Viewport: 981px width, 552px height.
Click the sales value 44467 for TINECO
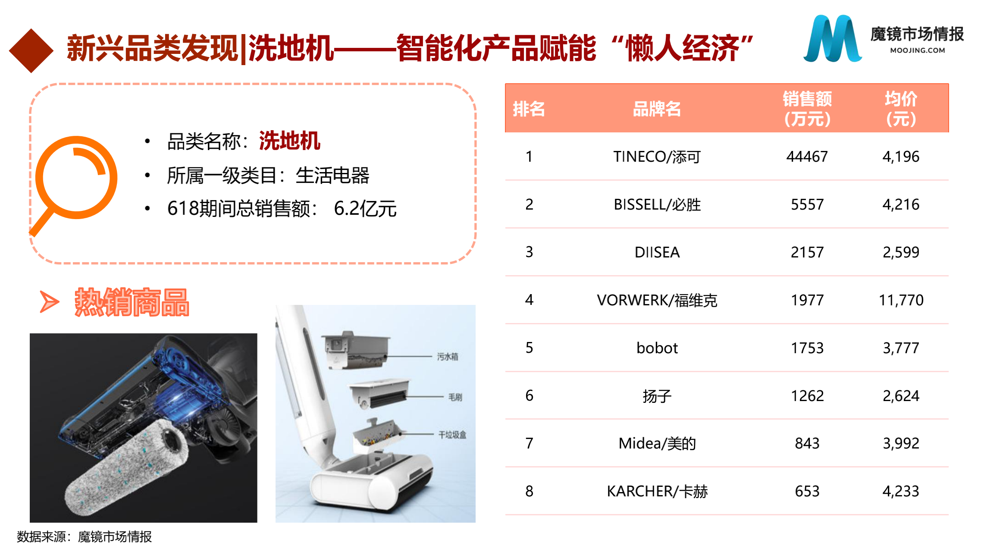click(807, 157)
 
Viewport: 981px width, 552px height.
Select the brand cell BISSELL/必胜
click(657, 204)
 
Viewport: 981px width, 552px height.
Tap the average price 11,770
click(901, 300)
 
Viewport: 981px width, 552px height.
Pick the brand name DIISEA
click(657, 252)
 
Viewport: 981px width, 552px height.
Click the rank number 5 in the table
click(530, 348)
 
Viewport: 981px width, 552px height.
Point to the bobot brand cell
click(657, 348)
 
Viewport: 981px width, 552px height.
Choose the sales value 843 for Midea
click(807, 443)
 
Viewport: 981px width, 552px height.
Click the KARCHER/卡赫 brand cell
click(657, 491)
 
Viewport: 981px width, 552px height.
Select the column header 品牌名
click(657, 109)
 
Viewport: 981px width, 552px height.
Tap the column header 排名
click(529, 109)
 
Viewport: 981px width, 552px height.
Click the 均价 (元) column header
click(901, 109)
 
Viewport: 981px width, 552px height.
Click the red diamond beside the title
click(31, 50)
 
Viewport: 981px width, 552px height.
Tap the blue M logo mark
click(832, 39)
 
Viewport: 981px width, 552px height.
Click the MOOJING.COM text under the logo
click(918, 50)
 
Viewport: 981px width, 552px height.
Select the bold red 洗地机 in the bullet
click(289, 141)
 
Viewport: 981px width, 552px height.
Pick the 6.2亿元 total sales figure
click(365, 209)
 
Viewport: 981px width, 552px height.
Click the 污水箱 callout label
click(448, 357)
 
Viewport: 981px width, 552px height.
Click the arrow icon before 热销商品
click(49, 301)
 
